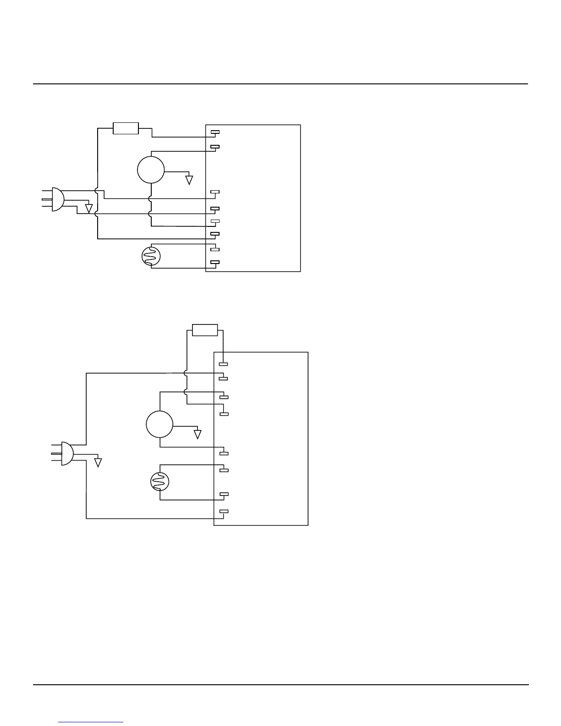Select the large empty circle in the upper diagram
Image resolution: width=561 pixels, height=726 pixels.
point(151,170)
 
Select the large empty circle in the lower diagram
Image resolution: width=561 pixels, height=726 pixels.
point(159,424)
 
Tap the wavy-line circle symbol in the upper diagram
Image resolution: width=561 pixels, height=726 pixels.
point(151,256)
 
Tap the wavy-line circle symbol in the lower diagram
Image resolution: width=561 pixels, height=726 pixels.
point(160,481)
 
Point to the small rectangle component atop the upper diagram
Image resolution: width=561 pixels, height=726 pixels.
point(126,128)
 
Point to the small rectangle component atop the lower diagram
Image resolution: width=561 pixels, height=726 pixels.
point(205,330)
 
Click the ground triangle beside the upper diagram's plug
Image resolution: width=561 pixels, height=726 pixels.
point(89,209)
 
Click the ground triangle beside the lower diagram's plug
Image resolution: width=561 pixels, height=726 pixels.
point(98,462)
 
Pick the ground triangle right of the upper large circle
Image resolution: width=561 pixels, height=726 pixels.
point(189,180)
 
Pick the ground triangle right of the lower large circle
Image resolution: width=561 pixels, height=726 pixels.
point(198,434)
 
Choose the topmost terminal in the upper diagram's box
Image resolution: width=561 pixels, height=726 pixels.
point(215,132)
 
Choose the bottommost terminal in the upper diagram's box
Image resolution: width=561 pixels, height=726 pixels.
point(215,262)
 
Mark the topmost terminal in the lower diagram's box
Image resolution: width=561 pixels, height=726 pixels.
point(224,364)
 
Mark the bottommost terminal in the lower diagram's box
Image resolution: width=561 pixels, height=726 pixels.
point(224,511)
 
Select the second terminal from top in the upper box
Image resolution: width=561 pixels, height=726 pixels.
point(215,147)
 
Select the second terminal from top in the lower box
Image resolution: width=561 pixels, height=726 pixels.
point(224,379)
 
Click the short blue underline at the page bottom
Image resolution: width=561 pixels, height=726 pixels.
point(91,722)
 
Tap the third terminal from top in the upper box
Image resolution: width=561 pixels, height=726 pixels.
point(215,192)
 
